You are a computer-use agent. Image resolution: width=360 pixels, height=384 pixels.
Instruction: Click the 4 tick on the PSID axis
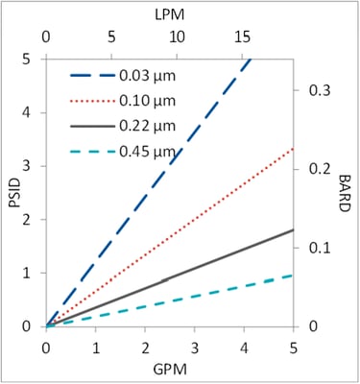click(x=28, y=111)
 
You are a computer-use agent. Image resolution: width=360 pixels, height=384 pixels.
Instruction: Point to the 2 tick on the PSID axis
click(x=28, y=219)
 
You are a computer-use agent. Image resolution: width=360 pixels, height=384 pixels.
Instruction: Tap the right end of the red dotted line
click(x=293, y=148)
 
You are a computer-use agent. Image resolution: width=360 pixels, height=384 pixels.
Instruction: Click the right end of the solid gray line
click(x=293, y=229)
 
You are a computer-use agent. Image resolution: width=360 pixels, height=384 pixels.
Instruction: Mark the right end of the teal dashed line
click(x=293, y=275)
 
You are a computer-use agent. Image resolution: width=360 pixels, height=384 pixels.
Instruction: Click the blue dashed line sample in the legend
click(x=91, y=74)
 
